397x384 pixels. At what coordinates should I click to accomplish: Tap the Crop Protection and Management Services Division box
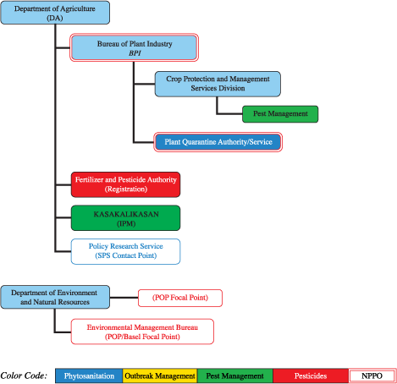point(218,83)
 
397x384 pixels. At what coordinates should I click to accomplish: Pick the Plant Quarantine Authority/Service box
point(218,142)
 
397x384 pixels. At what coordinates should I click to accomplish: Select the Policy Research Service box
point(125,250)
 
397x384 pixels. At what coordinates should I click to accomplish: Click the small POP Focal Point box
point(180,298)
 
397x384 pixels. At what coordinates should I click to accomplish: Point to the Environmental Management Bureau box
point(142,331)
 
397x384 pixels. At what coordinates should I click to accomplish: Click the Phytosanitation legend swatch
point(89,376)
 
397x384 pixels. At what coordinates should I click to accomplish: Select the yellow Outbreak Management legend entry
point(159,376)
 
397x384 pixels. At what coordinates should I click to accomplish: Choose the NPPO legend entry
point(369,376)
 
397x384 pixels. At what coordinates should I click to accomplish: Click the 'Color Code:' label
point(24,376)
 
